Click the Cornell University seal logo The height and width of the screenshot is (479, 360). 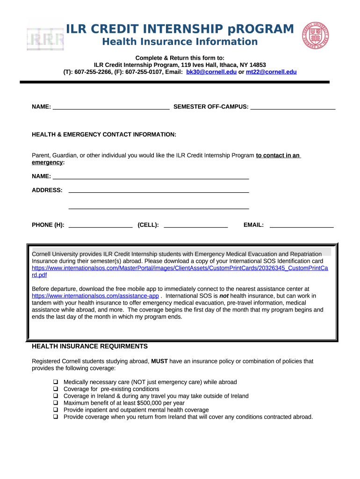tap(316, 35)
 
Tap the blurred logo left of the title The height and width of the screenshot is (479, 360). tap(45, 39)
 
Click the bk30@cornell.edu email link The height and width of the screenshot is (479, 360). tap(211, 72)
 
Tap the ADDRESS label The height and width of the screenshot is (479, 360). tap(47, 190)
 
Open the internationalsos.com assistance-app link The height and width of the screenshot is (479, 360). tap(95, 296)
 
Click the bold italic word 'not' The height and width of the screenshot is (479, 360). tap(224, 296)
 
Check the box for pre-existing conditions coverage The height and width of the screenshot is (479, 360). tap(55, 389)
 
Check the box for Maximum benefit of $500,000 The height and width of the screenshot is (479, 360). tap(55, 403)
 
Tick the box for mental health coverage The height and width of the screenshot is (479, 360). tap(55, 410)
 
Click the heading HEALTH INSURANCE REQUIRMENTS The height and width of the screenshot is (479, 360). tap(90, 347)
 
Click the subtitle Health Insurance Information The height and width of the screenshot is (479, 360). tap(180, 42)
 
